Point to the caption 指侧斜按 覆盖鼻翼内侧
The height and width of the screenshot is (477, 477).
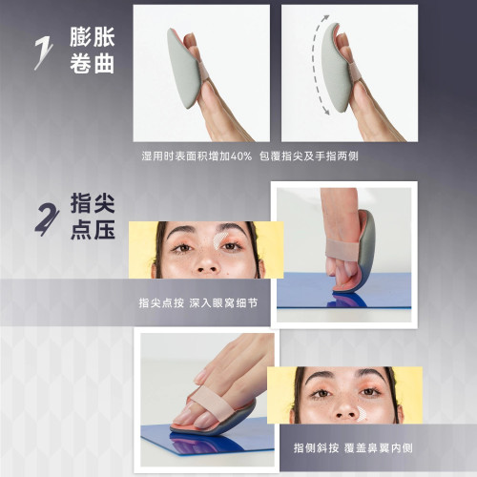pyautogui.click(x=346, y=447)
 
